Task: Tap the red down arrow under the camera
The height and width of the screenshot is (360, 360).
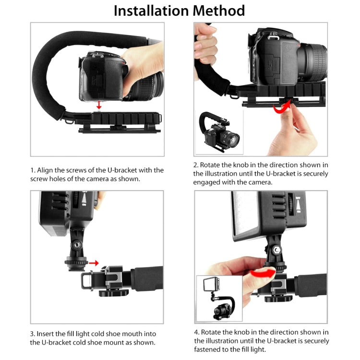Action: click(98, 105)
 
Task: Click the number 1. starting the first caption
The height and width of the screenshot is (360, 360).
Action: click(33, 170)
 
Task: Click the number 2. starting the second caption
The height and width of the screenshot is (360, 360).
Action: click(196, 165)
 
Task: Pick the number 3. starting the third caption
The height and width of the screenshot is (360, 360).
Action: click(33, 334)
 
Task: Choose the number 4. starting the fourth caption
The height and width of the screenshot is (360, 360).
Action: click(196, 332)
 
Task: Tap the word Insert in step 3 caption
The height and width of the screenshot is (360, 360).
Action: click(47, 334)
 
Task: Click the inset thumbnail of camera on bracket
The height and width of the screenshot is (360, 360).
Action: click(219, 131)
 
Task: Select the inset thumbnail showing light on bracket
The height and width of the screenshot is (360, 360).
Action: click(218, 298)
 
